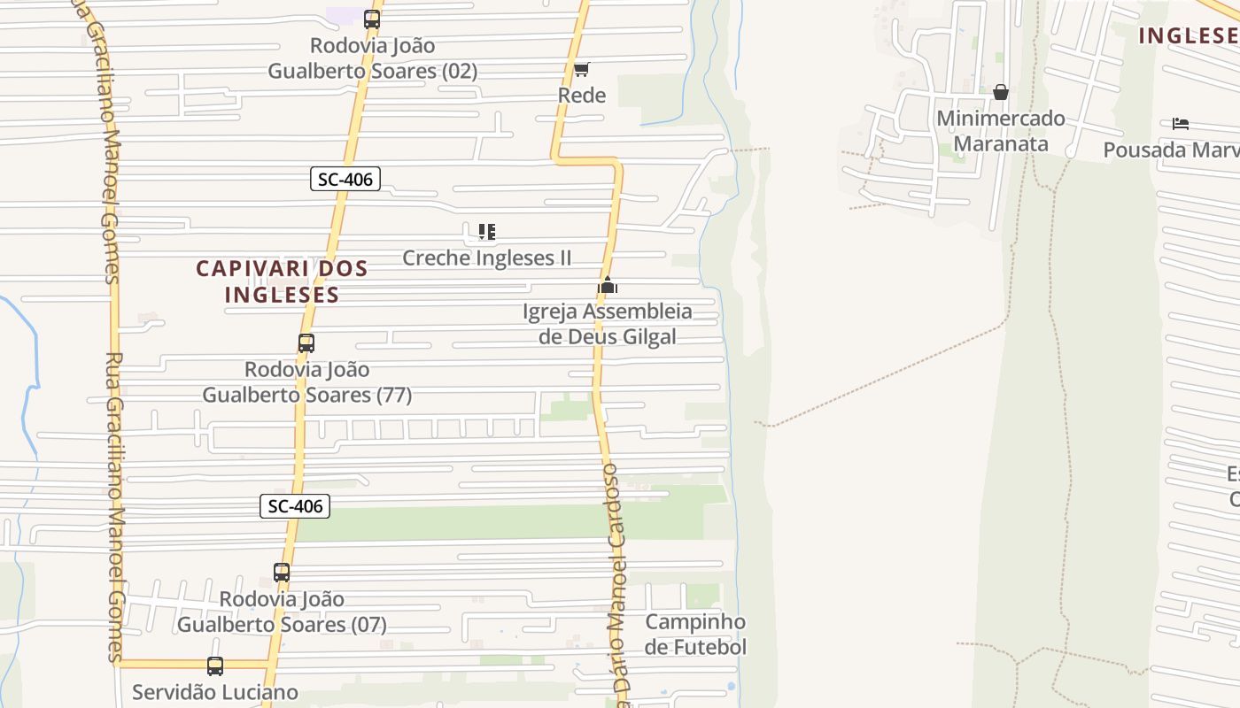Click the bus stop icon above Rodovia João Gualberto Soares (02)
coord(371,19)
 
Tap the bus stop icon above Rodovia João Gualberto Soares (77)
coord(306,342)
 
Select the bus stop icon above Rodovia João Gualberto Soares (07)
coord(282,573)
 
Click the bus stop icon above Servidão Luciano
coord(215,666)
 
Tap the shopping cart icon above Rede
coord(581,69)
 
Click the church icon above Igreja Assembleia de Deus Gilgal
coord(607,285)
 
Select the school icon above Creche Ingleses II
coord(486,232)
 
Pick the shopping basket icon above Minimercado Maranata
coord(1001,92)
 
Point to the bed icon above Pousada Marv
coord(1180,124)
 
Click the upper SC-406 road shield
coord(345,179)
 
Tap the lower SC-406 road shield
coord(295,506)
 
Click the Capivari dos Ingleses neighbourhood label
coord(282,281)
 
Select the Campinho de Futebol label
coord(695,635)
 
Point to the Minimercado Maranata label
coord(1001,131)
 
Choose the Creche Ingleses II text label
coord(486,258)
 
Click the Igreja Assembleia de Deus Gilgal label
coord(607,324)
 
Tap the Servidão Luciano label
coord(215,692)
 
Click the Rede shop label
coord(582,96)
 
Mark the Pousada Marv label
coord(1169,150)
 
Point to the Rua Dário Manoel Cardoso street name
coord(617,584)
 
